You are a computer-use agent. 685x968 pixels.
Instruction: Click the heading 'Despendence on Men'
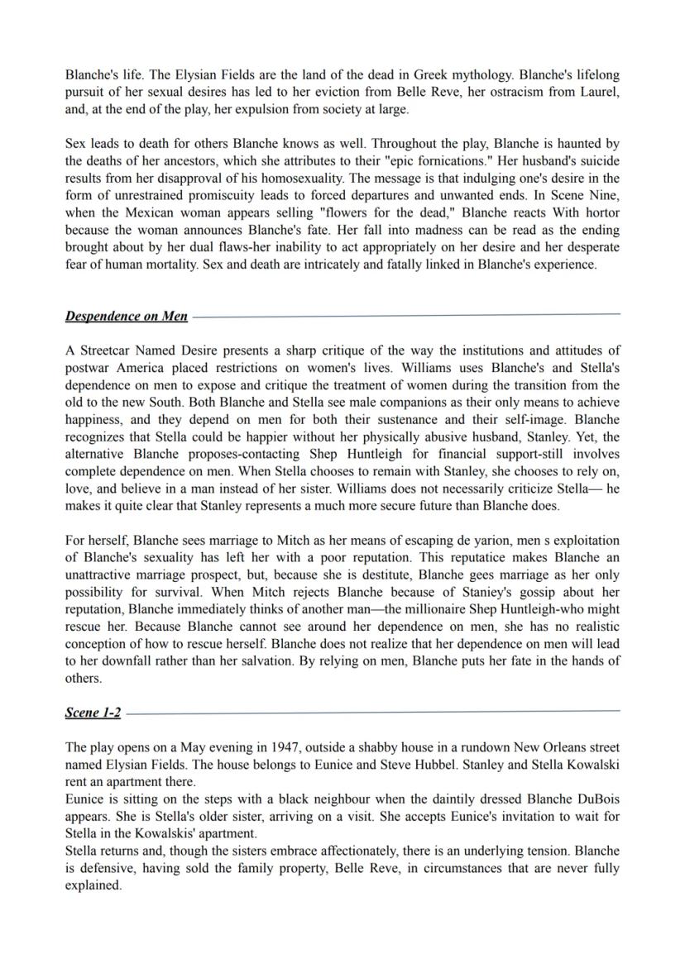pyautogui.click(x=126, y=317)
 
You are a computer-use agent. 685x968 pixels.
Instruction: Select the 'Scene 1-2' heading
pyautogui.click(x=93, y=713)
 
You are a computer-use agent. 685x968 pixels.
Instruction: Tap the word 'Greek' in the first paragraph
pyautogui.click(x=378, y=74)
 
